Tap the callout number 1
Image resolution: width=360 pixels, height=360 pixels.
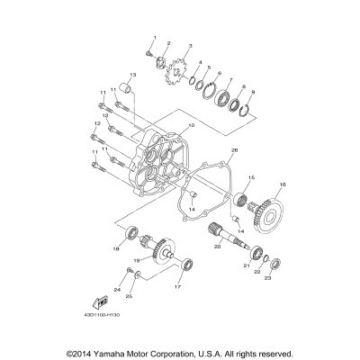point(154,37)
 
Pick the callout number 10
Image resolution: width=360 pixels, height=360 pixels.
point(191,127)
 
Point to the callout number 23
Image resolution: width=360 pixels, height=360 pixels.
point(266,278)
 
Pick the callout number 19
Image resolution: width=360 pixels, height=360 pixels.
point(137,261)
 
